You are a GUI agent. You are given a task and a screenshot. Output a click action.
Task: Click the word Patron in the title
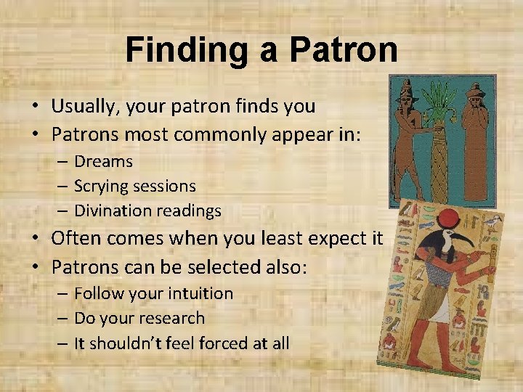tap(343, 51)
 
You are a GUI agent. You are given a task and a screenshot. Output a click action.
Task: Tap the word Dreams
tap(103, 161)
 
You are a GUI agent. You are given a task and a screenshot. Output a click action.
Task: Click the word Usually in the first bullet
tap(81, 106)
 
